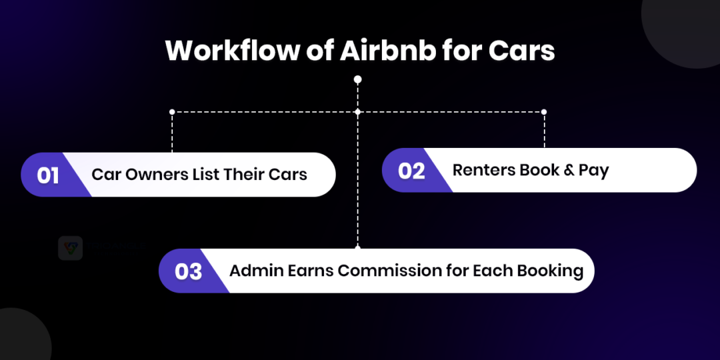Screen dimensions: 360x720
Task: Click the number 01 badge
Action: click(x=48, y=175)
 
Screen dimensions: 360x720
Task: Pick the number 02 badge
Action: click(x=411, y=171)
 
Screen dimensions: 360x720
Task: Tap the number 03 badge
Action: click(x=188, y=271)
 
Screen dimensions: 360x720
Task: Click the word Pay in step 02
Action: click(x=594, y=171)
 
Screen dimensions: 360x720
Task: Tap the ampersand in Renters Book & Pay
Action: click(x=569, y=170)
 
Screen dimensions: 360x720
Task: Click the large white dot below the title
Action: click(x=358, y=79)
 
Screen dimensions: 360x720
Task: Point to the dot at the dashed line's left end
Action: click(x=172, y=111)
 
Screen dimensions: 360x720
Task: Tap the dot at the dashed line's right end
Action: click(x=544, y=111)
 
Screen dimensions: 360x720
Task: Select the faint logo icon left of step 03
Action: click(x=70, y=248)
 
